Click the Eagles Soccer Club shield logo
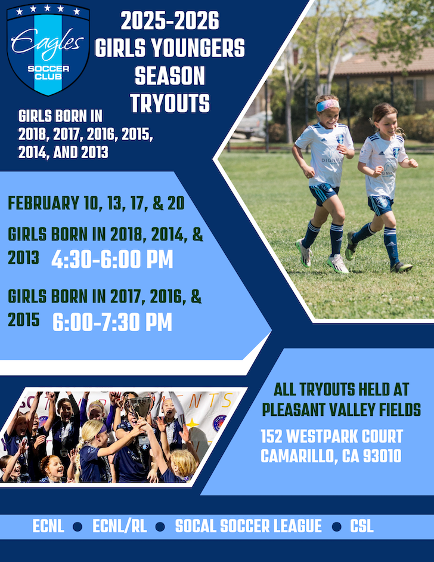pos(48,50)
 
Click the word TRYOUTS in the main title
pos(170,103)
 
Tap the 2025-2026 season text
pos(170,20)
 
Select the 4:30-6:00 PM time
pos(112,259)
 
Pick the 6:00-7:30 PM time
pos(113,322)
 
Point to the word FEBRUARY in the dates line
pos(44,203)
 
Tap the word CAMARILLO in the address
pos(299,456)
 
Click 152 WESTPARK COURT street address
pos(332,436)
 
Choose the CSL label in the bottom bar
pos(362,526)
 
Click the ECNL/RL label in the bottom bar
pos(120,526)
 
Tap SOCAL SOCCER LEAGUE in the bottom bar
pos(248,526)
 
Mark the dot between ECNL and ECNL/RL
pos(77,527)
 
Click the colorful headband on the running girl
pos(328,105)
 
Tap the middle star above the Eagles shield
pos(47,8)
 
